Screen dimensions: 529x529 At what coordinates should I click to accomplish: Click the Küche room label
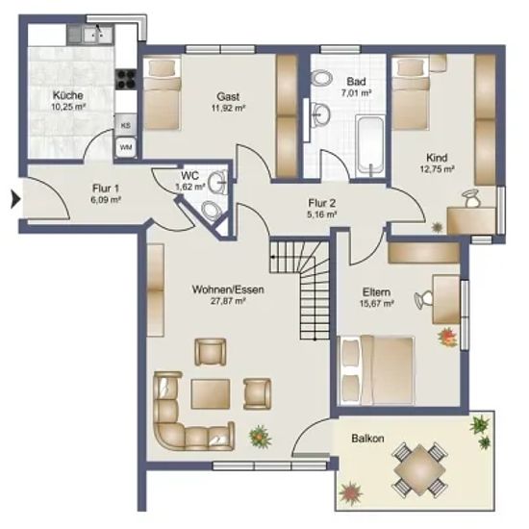tap(68, 95)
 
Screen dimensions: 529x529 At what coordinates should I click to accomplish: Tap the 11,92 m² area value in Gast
tap(228, 109)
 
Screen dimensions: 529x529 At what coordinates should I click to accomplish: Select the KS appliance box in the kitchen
tap(126, 125)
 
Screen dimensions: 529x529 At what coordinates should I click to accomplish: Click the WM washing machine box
tap(126, 147)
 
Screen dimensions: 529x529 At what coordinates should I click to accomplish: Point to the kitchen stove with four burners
tap(126, 80)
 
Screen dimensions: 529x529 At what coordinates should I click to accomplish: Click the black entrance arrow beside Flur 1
tap(15, 199)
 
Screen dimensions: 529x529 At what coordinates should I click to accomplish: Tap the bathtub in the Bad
tap(369, 146)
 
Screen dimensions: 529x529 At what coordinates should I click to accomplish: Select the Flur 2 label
tap(322, 203)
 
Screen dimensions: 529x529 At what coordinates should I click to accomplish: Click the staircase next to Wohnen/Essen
tap(300, 289)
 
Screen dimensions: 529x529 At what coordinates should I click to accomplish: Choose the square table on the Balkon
tap(419, 470)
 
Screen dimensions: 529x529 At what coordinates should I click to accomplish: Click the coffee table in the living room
tap(211, 393)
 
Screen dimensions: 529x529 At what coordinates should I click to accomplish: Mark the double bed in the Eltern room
tap(376, 370)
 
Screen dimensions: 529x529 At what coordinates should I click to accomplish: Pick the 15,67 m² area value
tap(377, 304)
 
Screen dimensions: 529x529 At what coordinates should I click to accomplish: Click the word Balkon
tap(367, 439)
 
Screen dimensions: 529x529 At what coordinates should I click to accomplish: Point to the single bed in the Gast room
tap(163, 93)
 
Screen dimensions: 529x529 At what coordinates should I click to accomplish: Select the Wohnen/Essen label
tap(228, 290)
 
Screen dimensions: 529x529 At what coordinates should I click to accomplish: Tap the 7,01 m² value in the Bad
tap(356, 93)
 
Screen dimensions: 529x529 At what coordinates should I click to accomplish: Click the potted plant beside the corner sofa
tap(260, 436)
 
